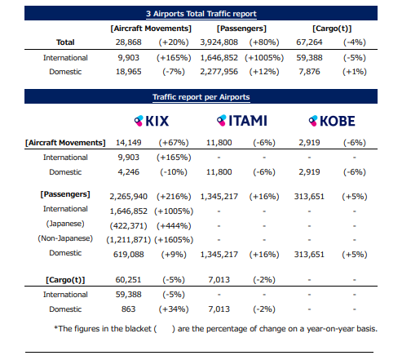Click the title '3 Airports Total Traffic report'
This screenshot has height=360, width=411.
click(201, 14)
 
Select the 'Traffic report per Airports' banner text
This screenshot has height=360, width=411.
click(201, 97)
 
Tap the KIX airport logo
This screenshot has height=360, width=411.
click(152, 121)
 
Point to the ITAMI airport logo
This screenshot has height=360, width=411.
click(242, 121)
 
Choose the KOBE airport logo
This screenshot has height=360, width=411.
click(332, 121)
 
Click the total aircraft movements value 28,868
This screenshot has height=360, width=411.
click(128, 42)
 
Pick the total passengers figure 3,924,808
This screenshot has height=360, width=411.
click(219, 42)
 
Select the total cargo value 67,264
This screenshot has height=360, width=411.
click(309, 42)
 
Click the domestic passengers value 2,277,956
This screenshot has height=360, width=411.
click(219, 72)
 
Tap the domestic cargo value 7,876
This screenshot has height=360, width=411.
click(309, 72)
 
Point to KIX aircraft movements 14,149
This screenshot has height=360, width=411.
click(128, 143)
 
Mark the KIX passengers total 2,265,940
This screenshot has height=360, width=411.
click(128, 197)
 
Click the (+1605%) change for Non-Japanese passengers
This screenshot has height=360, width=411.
click(174, 240)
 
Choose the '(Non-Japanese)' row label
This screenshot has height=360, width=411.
click(65, 238)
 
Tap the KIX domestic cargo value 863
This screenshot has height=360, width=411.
click(128, 309)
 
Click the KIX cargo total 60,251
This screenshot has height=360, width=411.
click(128, 280)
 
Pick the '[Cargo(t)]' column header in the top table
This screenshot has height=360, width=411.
click(332, 29)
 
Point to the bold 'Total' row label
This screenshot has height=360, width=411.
click(65, 42)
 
